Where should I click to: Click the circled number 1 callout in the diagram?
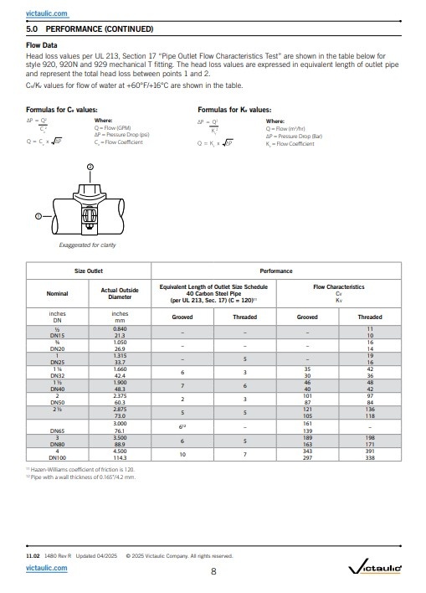tap(38, 216)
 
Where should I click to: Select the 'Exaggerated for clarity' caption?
tap(87, 246)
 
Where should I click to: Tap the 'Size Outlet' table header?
tap(88, 271)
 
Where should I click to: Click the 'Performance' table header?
tap(276, 271)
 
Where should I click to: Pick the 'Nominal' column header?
tap(58, 294)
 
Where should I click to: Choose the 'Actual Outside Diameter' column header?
tap(120, 294)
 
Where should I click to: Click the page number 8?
tap(213, 571)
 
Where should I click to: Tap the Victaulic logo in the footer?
tap(374, 570)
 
